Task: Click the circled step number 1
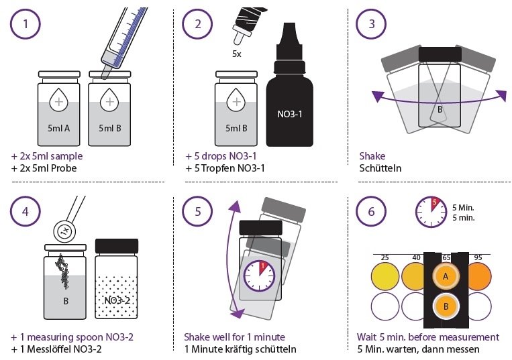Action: [25, 24]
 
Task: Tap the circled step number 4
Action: [25, 212]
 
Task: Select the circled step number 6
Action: [371, 212]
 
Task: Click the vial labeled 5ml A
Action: [59, 109]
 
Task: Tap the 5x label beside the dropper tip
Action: [237, 54]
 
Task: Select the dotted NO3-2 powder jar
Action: [116, 279]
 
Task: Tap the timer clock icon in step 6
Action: [431, 212]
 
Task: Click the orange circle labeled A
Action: [446, 276]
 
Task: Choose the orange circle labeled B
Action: [446, 306]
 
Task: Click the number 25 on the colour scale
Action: [385, 257]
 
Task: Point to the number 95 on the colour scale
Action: [478, 257]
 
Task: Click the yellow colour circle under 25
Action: [385, 276]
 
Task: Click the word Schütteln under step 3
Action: [380, 168]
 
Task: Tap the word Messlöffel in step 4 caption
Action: [52, 349]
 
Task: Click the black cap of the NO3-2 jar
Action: [117, 246]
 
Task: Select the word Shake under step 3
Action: [372, 156]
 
